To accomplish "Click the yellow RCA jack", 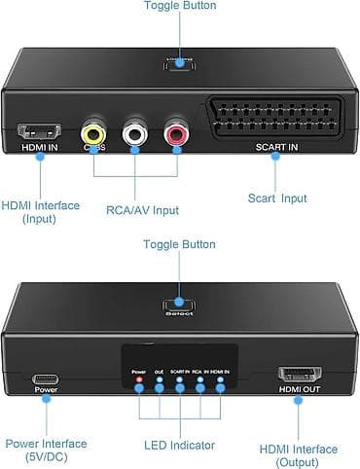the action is coord(94,132).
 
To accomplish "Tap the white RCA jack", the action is coord(135,132).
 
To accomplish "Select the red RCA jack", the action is coord(177,132).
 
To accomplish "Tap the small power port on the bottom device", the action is coord(47,379).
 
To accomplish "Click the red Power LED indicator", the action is coord(139,379).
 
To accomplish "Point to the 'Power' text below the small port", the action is coord(47,390).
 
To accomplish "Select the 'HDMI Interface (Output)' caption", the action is coord(299,455).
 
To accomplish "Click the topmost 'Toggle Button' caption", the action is coord(180,7).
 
